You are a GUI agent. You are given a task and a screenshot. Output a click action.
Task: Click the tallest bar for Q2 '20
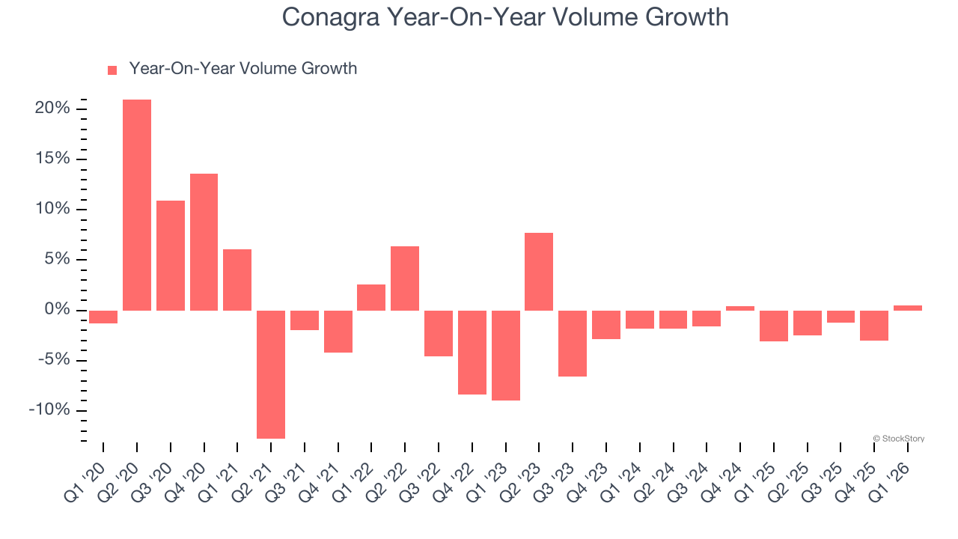click(137, 204)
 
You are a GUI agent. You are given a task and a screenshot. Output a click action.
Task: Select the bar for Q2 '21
click(271, 374)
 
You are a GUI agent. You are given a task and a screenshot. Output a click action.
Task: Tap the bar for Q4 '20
click(204, 242)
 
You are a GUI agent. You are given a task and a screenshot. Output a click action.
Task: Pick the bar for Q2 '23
click(539, 271)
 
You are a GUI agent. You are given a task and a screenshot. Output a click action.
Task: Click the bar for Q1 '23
click(505, 355)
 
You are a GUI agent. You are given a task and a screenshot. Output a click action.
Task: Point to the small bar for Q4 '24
click(739, 308)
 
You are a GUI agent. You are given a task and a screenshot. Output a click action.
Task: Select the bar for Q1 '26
click(907, 308)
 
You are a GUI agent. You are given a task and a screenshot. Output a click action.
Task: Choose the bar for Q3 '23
click(573, 343)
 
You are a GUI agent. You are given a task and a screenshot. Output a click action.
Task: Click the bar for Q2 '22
click(405, 278)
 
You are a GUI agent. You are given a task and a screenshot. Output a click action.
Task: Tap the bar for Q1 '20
click(103, 317)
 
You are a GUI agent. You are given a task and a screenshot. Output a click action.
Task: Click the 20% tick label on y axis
click(52, 109)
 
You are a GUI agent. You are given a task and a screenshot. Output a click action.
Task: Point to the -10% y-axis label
click(49, 410)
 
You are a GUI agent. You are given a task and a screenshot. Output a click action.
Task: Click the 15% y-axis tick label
click(52, 159)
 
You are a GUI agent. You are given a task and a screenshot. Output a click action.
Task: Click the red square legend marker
click(112, 70)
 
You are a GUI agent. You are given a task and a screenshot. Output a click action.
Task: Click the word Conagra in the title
click(331, 16)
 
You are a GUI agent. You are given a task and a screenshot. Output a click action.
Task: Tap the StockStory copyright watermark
click(898, 439)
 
